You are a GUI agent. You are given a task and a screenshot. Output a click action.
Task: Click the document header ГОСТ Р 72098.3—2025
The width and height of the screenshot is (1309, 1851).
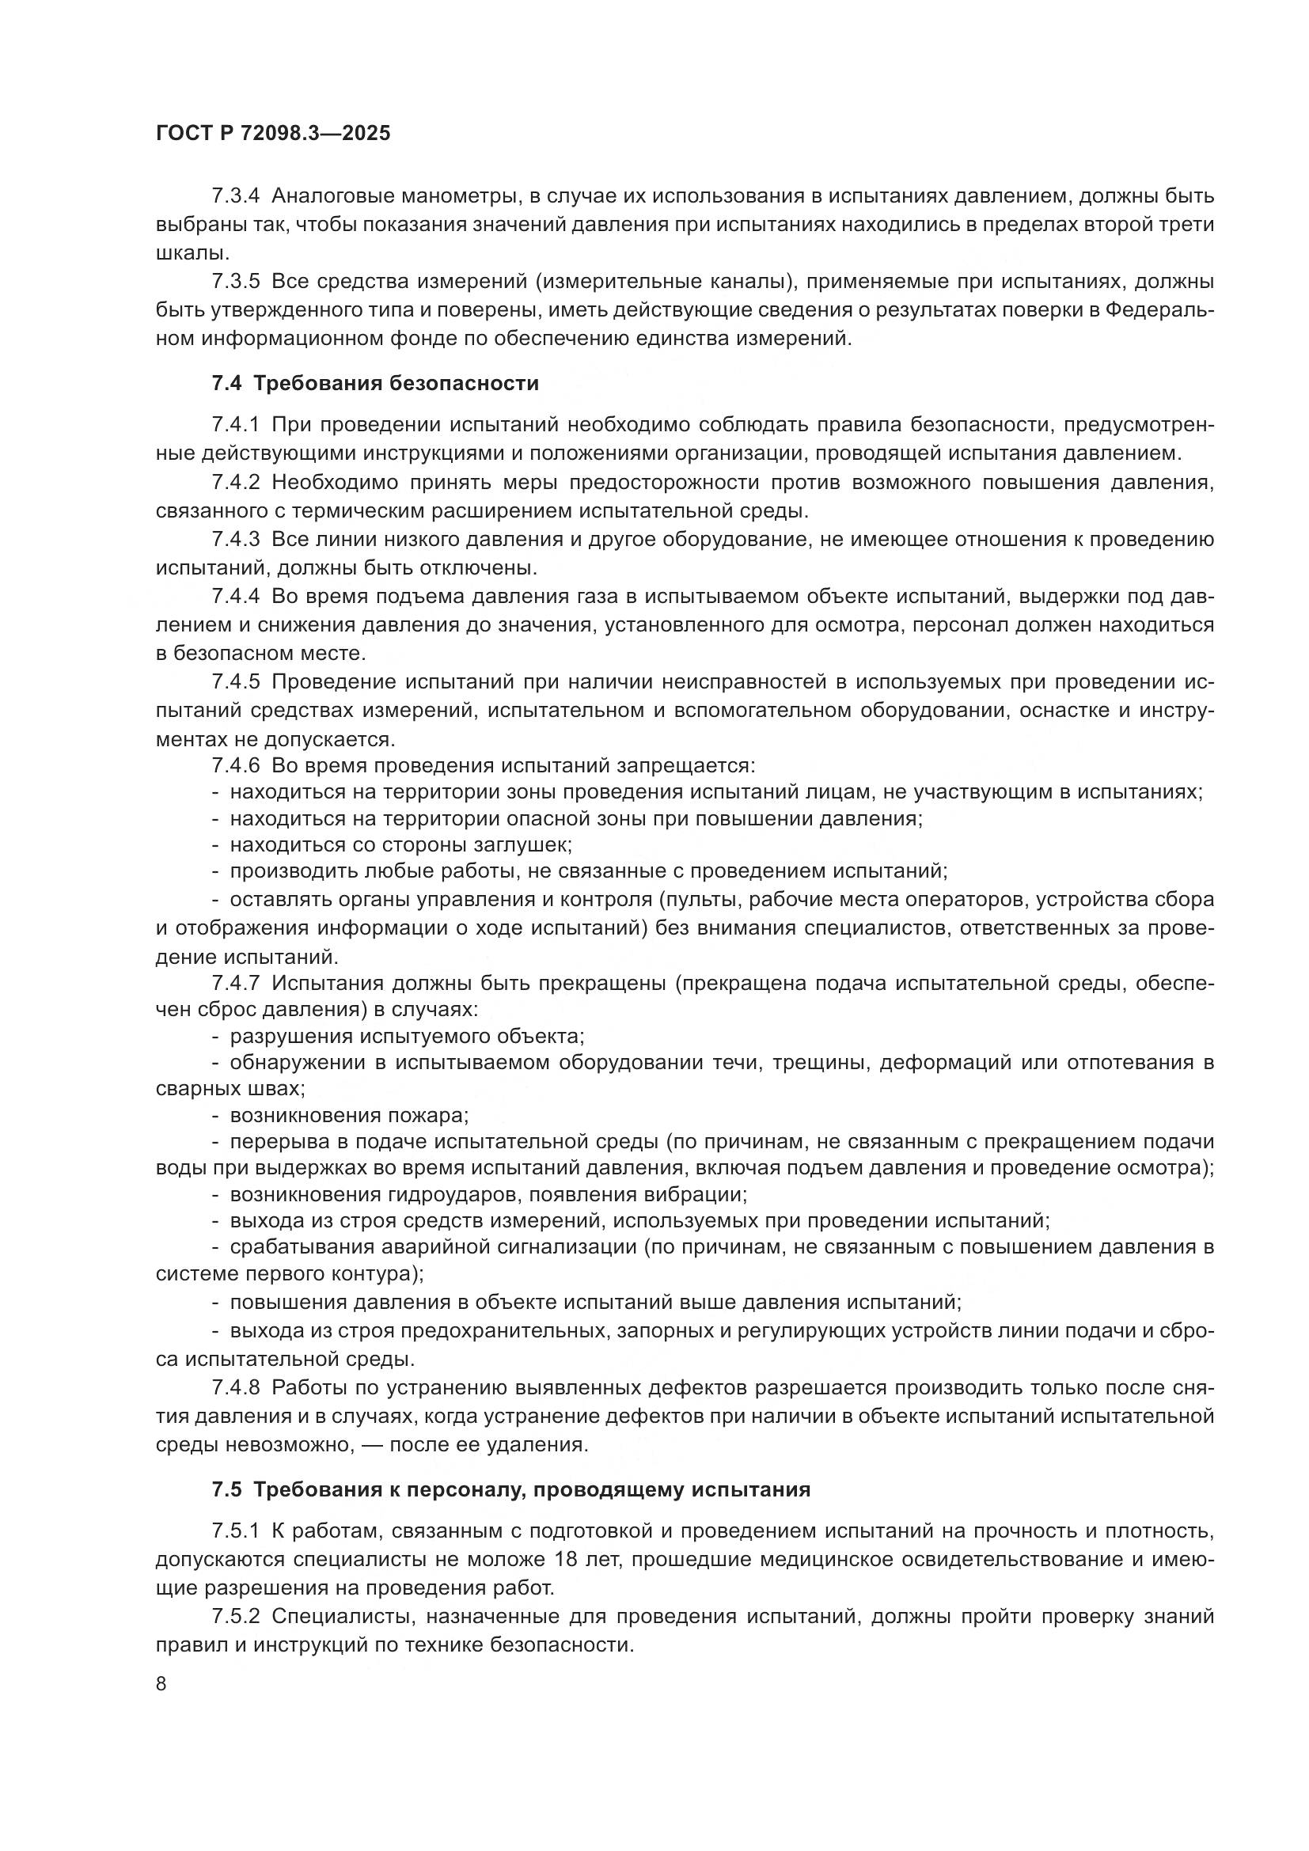click(x=273, y=133)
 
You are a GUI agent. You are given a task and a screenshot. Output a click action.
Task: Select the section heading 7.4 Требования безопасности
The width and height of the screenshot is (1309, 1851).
click(x=375, y=383)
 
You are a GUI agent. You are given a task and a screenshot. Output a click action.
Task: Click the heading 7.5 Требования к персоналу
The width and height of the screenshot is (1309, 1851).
click(x=511, y=1466)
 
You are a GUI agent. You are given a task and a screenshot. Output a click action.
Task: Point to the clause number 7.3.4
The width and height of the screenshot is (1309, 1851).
click(x=235, y=196)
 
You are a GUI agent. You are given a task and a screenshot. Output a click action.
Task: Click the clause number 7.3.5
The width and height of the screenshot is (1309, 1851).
click(x=235, y=282)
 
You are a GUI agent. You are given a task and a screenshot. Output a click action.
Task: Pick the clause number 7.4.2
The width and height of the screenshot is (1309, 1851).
click(x=235, y=482)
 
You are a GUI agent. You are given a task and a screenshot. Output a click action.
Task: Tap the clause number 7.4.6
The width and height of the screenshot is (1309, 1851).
click(x=235, y=764)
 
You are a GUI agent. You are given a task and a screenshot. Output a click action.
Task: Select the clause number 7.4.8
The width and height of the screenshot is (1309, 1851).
click(x=235, y=1387)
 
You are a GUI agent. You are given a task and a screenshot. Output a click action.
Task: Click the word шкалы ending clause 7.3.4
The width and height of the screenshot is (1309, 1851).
click(x=189, y=253)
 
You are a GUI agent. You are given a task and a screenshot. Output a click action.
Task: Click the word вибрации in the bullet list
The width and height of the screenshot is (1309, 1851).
click(x=696, y=1194)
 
